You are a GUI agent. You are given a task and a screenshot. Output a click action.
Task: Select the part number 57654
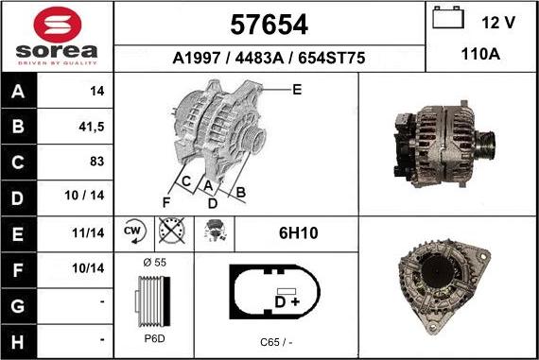[269, 23]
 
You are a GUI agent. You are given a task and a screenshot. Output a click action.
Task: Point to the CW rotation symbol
[132, 230]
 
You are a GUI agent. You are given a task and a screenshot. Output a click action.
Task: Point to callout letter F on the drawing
[166, 201]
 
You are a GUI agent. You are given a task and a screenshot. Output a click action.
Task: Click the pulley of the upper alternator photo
[488, 146]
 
